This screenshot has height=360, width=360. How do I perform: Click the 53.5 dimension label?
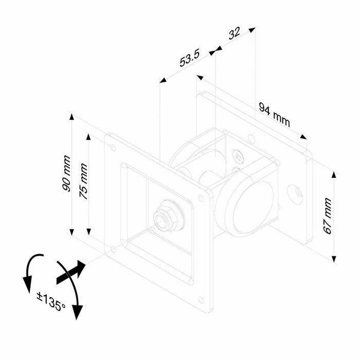click(x=190, y=58)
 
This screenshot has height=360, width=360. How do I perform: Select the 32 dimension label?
click(x=235, y=33)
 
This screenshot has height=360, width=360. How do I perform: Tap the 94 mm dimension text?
click(x=275, y=115)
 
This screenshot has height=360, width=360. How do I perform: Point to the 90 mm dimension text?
click(x=66, y=173)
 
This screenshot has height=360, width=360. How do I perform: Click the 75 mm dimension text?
click(x=83, y=182)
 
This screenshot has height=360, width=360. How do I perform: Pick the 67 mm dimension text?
click(x=328, y=216)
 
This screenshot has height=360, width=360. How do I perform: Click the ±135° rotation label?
click(x=51, y=301)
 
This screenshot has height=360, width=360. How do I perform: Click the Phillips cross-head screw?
click(x=238, y=156)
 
